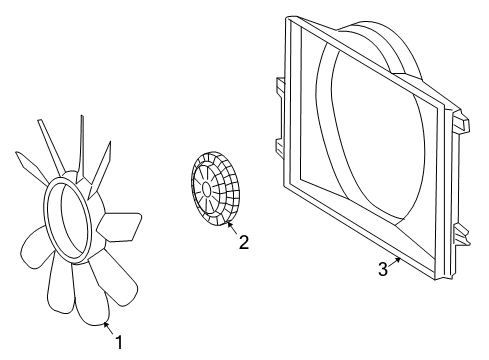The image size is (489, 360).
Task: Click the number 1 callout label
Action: point(120,343)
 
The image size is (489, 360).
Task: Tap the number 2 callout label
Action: point(243,241)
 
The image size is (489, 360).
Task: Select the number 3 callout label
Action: point(383,268)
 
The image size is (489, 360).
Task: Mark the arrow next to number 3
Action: point(395,261)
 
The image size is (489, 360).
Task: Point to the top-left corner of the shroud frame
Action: point(291,19)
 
